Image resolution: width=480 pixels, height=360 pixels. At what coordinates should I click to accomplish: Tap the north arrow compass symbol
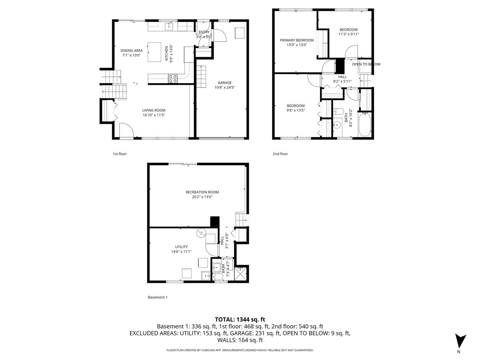pyautogui.click(x=461, y=341)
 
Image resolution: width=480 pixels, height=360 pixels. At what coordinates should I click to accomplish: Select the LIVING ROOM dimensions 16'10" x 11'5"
pyautogui.click(x=154, y=115)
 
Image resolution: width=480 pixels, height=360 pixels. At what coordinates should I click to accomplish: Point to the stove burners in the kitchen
pyautogui.click(x=173, y=78)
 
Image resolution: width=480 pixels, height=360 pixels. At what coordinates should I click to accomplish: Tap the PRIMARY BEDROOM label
pyautogui.click(x=293, y=40)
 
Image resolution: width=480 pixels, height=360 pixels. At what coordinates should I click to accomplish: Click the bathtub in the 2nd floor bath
pyautogui.click(x=364, y=125)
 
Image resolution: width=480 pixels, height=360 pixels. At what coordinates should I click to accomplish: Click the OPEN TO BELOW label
pyautogui.click(x=366, y=64)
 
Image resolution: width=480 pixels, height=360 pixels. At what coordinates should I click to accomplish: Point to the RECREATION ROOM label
pyautogui.click(x=202, y=192)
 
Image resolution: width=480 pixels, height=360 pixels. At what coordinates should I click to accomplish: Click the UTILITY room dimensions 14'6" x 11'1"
pyautogui.click(x=181, y=252)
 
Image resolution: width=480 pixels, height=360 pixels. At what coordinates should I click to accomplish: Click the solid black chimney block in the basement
pyautogui.click(x=215, y=222)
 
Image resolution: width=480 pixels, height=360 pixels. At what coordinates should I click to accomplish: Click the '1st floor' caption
pyautogui.click(x=119, y=154)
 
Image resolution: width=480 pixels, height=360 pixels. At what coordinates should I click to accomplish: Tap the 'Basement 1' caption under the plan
pyautogui.click(x=157, y=297)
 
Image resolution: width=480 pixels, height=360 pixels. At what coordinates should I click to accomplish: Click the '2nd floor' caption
pyautogui.click(x=280, y=154)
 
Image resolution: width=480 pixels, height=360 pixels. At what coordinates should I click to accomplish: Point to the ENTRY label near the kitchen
pyautogui.click(x=204, y=32)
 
